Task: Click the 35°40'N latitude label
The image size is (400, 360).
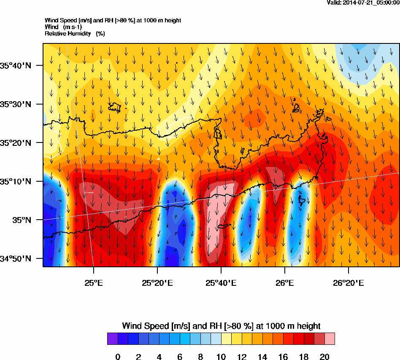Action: pos(16,65)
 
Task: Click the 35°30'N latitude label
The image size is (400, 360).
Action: pos(16,104)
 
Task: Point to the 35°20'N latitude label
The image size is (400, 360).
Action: pos(16,143)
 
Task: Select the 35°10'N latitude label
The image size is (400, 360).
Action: pos(16,182)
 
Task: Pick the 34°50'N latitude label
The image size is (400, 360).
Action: pos(16,259)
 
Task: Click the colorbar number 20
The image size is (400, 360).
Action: pos(324,357)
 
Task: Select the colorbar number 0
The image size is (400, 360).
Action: pos(118,357)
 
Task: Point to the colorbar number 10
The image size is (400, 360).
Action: pos(221,357)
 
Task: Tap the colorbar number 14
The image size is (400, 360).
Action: pos(262,357)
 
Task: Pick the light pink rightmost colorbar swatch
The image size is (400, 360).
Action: pos(330,339)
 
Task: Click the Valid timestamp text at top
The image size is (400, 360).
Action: pos(363,3)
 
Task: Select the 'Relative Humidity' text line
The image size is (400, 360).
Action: pos(75,33)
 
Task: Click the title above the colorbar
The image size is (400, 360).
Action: pos(221,326)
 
